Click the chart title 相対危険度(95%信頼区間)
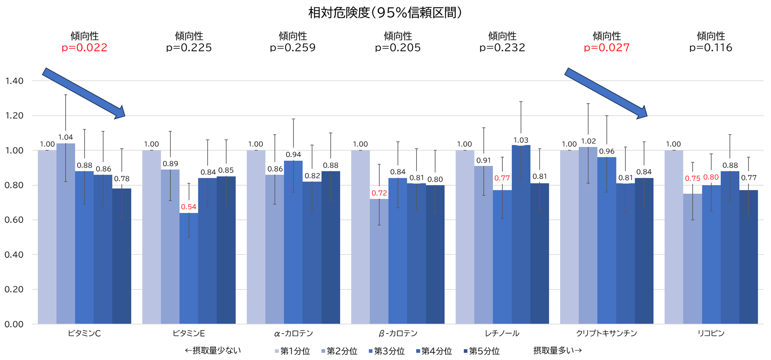tap(385, 13)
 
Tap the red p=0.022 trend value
tap(84, 48)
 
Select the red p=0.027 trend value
tap(606, 48)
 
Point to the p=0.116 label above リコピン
tap(710, 48)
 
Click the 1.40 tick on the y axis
tap(14, 81)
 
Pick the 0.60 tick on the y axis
tap(14, 220)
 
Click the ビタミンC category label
tap(84, 333)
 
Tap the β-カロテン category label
tap(398, 333)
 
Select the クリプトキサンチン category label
tap(606, 333)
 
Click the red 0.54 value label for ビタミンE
tap(189, 207)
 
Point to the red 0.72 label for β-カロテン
tap(379, 193)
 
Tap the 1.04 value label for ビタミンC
tap(66, 137)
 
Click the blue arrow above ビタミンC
tap(83, 93)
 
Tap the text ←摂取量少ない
tap(213, 351)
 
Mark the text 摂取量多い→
tap(557, 351)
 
